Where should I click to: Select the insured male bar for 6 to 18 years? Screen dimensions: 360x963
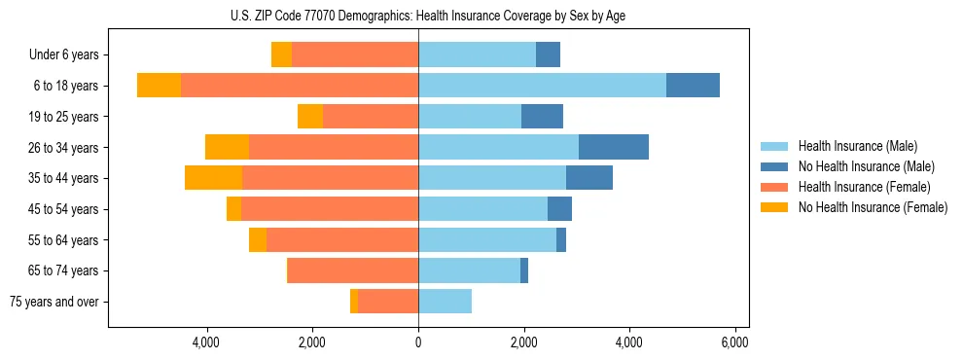542,86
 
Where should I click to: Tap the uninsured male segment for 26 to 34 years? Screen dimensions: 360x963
614,147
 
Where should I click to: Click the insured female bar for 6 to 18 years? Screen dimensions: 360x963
300,86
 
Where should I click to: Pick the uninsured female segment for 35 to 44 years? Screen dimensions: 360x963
213,178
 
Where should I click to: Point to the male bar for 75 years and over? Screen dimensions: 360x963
445,302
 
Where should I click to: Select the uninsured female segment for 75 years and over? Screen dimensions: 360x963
354,302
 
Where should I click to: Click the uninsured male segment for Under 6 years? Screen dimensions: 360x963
548,54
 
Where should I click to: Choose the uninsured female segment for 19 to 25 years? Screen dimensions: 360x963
310,117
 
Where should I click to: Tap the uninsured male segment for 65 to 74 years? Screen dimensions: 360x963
524,270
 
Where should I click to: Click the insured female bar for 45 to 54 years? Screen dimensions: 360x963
330,209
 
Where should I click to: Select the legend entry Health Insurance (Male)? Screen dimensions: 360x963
857,146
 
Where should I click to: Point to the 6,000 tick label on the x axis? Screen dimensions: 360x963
734,342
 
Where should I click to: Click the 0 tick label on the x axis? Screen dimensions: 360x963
418,342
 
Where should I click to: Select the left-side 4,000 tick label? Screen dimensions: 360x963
207,342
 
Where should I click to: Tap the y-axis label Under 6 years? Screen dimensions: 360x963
64,55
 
